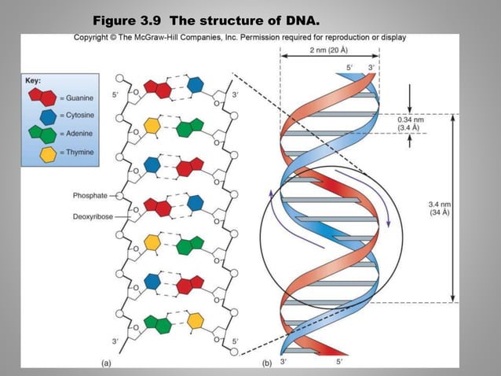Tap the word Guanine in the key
(x=79, y=98)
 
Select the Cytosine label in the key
(x=80, y=116)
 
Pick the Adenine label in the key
(x=79, y=134)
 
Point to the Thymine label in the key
(x=79, y=152)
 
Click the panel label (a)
(x=106, y=363)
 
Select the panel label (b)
(x=265, y=363)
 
